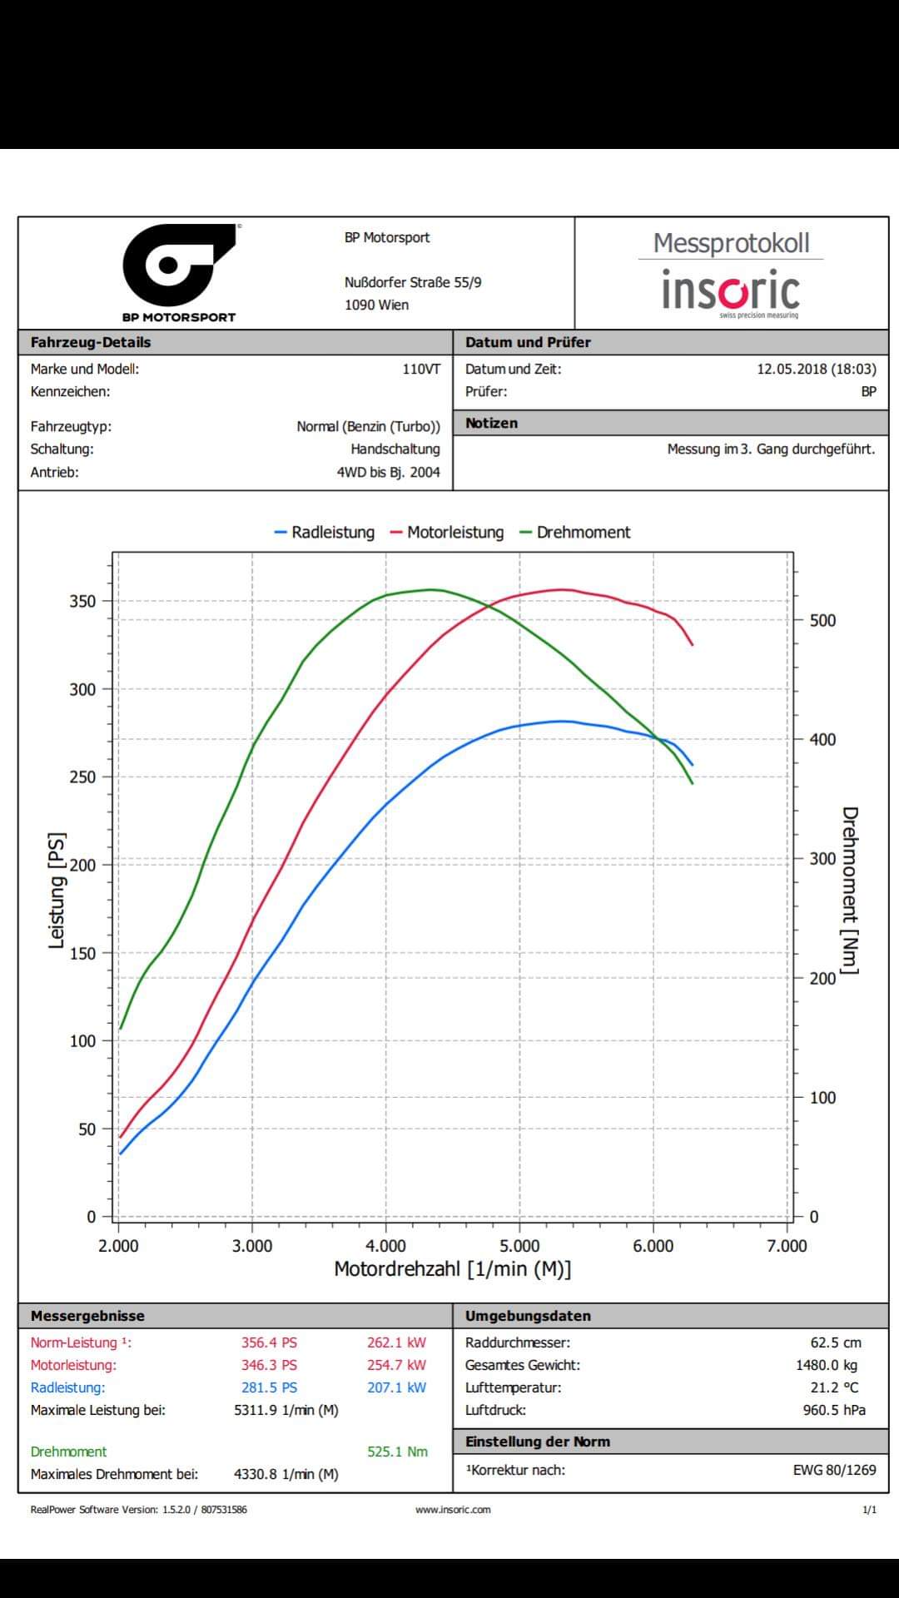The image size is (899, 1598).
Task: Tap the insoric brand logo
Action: tap(731, 290)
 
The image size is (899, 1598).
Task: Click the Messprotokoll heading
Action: tap(731, 243)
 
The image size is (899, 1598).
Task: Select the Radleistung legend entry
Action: tap(325, 533)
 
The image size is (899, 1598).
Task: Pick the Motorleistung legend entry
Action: tap(447, 533)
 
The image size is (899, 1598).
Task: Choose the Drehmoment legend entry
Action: tap(575, 533)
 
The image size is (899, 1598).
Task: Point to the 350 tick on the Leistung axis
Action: tap(83, 601)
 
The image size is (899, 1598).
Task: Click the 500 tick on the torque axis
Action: tap(822, 620)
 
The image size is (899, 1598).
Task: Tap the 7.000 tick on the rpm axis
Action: tap(787, 1246)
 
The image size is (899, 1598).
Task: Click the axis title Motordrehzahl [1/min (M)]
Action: tap(453, 1269)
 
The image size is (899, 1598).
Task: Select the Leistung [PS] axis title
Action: tap(57, 890)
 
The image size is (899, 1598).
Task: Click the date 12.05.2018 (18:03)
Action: tap(816, 369)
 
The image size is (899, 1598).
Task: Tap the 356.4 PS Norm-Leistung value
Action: tap(269, 1342)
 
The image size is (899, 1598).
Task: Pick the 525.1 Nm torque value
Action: tap(397, 1452)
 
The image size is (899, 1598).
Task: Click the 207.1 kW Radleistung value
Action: tap(396, 1387)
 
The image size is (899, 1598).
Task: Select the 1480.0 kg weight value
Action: tap(826, 1365)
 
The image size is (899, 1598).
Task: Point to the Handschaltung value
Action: tap(395, 449)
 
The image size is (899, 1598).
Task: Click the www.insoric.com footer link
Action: tap(453, 1509)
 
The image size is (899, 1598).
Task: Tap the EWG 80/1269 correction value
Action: tap(834, 1470)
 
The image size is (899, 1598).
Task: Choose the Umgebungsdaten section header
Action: tap(528, 1316)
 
